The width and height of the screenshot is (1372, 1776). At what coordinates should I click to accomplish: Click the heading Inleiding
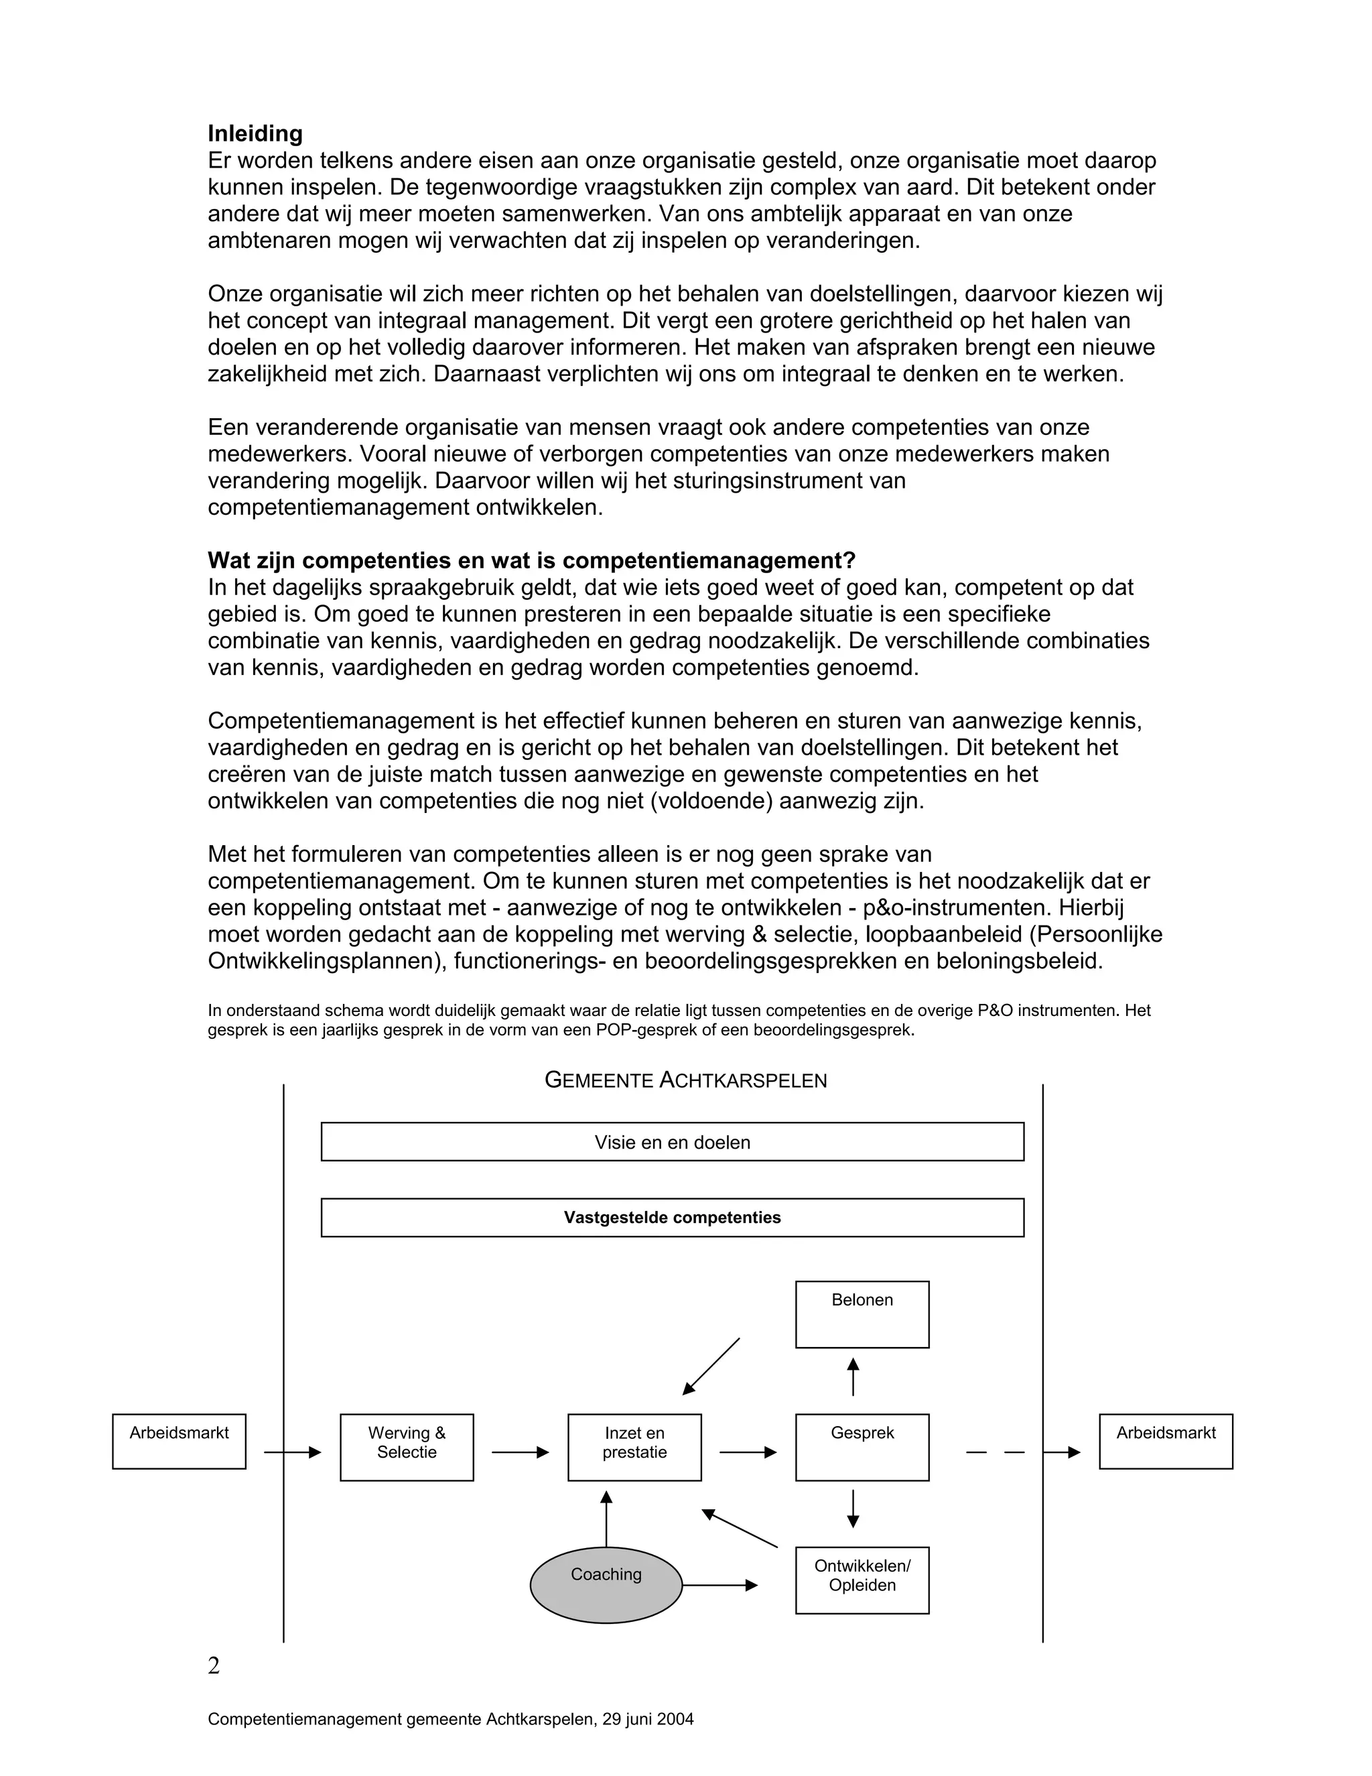[255, 133]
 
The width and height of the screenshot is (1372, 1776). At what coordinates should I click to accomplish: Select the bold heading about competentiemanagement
[531, 560]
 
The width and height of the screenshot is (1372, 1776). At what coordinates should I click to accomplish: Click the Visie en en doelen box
[672, 1142]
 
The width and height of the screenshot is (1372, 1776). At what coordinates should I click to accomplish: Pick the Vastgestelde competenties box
[672, 1217]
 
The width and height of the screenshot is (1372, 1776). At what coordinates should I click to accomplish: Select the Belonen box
[862, 1314]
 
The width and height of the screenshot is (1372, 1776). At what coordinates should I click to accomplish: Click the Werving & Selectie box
[407, 1447]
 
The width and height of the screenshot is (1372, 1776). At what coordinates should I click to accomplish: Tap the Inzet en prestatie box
[634, 1447]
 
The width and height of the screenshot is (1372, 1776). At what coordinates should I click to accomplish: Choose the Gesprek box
[862, 1447]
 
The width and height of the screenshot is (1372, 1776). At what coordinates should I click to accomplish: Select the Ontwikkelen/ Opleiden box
[862, 1580]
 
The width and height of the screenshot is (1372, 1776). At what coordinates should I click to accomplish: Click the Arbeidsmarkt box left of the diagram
[179, 1441]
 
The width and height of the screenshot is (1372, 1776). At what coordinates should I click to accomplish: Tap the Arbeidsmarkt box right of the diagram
[1166, 1441]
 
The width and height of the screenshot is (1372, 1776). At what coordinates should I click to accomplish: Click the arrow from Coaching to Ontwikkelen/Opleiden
[719, 1585]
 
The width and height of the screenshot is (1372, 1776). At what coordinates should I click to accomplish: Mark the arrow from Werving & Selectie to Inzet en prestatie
[520, 1452]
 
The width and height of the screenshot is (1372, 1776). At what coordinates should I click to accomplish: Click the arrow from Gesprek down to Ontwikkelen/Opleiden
[853, 1509]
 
